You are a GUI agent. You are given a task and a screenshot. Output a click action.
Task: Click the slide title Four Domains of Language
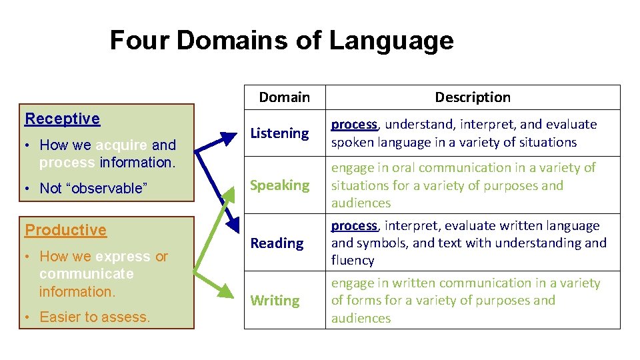281,41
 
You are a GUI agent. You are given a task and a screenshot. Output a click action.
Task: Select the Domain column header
284,97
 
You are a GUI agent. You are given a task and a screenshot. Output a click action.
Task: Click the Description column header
473,97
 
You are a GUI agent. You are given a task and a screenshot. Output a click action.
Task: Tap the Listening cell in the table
279,133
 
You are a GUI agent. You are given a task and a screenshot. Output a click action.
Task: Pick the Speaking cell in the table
280,185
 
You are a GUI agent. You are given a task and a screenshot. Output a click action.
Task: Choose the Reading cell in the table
277,243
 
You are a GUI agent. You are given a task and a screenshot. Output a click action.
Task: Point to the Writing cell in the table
275,301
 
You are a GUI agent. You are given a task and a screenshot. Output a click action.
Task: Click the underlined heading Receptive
62,119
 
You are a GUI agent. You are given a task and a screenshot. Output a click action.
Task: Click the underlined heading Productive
65,230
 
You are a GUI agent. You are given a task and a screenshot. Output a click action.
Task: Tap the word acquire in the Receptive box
121,145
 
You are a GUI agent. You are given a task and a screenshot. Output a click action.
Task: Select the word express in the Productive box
123,257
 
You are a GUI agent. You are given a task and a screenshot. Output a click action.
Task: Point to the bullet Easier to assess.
95,317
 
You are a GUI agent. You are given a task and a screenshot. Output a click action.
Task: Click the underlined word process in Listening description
354,125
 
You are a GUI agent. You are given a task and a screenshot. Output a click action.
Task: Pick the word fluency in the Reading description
353,261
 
